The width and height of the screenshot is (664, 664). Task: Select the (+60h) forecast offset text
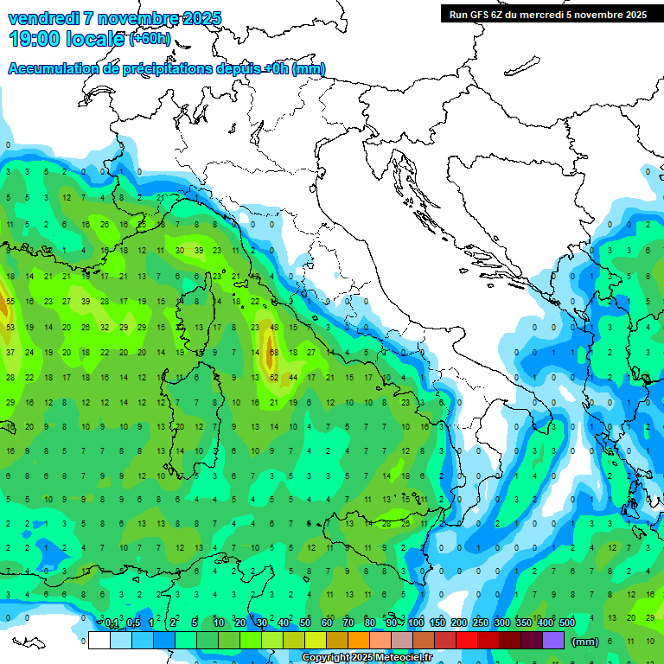[150, 40]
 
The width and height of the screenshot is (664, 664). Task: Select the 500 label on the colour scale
[566, 623]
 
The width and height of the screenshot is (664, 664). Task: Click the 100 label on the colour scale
[416, 623]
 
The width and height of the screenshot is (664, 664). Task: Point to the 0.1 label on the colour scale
[112, 623]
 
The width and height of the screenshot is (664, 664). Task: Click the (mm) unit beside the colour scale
[585, 641]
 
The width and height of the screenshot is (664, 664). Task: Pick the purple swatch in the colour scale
[553, 641]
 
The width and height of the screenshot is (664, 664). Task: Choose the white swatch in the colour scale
[99, 641]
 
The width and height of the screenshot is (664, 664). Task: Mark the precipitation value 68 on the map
[273, 353]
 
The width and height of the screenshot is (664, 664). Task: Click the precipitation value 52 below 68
[273, 378]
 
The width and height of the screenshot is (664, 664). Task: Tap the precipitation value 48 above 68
[273, 328]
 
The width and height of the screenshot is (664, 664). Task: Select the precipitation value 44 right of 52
[293, 378]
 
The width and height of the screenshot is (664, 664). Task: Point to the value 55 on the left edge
[10, 302]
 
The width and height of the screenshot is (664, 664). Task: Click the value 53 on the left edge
[10, 328]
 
